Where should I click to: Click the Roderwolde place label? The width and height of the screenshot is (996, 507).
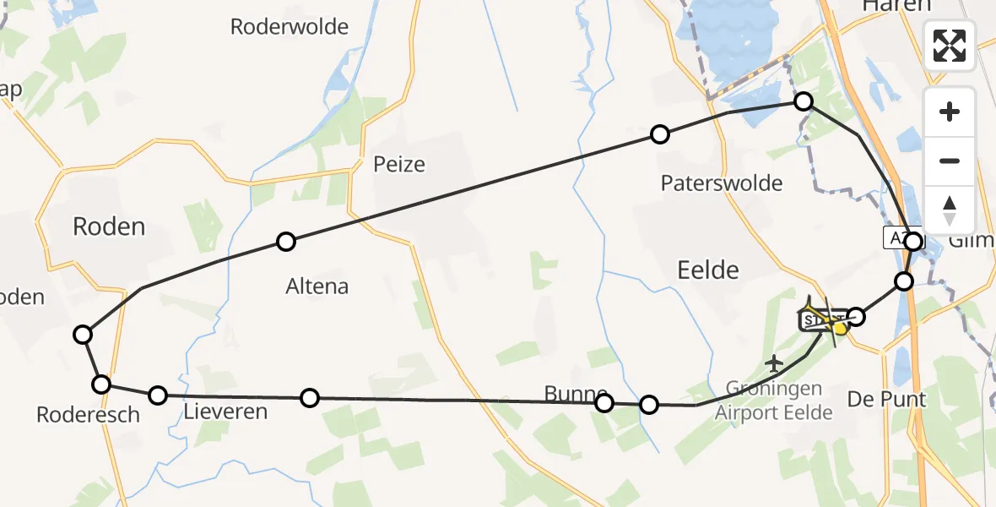290,27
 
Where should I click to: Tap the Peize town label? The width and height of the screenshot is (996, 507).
399,164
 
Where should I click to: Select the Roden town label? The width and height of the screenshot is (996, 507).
109,226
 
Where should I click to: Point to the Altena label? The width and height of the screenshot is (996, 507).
317,286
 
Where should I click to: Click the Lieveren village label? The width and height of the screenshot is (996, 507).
225,412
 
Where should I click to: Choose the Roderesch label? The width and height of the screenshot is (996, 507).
76,415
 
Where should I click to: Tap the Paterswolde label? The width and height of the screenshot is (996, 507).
722,183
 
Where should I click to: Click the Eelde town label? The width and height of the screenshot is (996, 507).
707,270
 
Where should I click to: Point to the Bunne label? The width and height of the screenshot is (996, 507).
576,394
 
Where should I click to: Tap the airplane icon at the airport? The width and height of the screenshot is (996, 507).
774,363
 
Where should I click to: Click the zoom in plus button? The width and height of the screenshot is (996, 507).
950,112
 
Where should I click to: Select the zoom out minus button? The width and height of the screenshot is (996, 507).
950,161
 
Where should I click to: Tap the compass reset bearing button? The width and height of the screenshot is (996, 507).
950,210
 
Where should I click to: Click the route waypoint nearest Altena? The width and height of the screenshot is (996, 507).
286,242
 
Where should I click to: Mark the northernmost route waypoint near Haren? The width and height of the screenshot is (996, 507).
804,101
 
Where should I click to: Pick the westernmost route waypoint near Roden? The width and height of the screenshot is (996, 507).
82,335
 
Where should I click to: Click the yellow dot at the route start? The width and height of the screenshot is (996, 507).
840,327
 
